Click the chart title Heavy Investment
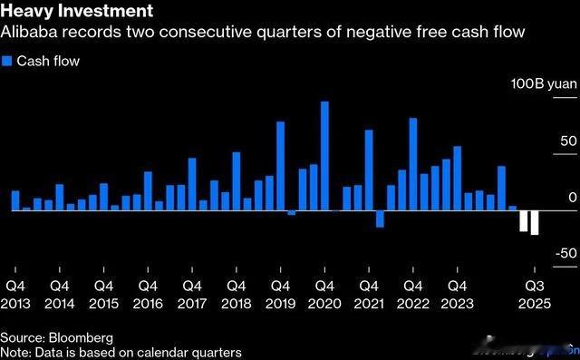tap(76, 13)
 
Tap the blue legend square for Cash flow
tap(7, 61)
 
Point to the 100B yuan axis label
tap(542, 84)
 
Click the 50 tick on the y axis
tap(568, 141)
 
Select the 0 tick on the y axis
tap(572, 198)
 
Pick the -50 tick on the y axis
tap(565, 254)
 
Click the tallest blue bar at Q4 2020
tap(324, 155)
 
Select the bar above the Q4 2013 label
tap(15, 200)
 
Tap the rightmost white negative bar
tap(535, 222)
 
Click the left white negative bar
tap(524, 220)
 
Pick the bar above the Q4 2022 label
tap(413, 163)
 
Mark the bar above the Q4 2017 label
tap(192, 184)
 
